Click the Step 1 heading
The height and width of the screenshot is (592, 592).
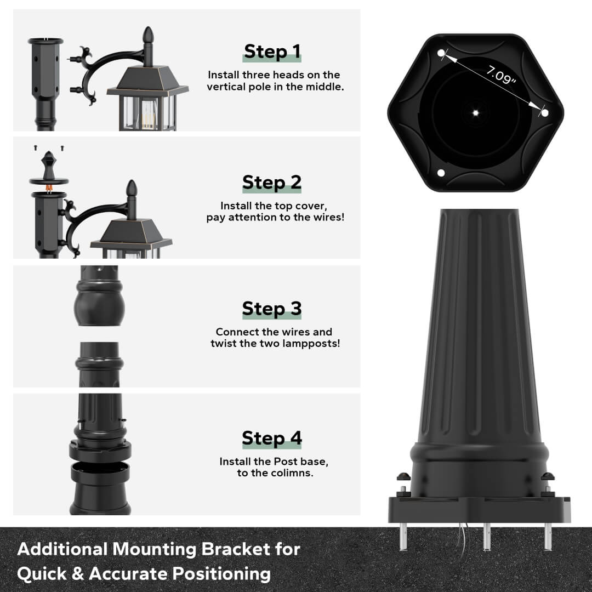click(272, 52)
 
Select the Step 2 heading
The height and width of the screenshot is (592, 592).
click(272, 182)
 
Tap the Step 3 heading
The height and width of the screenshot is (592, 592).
click(272, 309)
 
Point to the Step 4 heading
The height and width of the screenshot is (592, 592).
click(272, 439)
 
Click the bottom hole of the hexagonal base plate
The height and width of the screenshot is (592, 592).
click(441, 174)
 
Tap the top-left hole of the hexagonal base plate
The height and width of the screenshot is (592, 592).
click(442, 53)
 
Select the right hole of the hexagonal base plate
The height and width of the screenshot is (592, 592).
click(544, 113)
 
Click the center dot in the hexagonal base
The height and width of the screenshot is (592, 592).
click(475, 112)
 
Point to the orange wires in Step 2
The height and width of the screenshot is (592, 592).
click(49, 189)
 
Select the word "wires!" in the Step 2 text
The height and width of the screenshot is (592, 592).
click(327, 218)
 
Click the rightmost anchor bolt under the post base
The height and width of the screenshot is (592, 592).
click(547, 536)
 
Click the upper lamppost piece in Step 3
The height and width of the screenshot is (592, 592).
click(99, 296)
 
